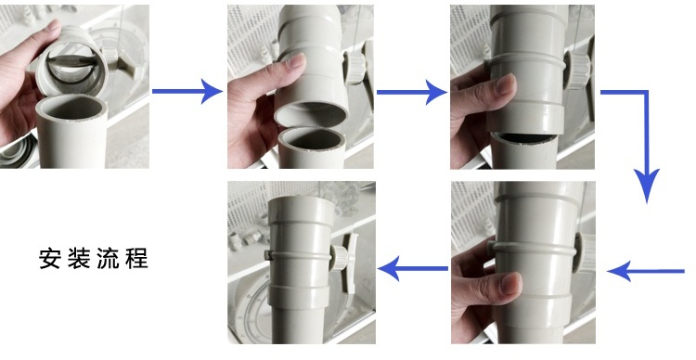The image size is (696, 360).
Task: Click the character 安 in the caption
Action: (x=49, y=258)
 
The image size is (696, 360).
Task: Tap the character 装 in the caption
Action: (x=79, y=258)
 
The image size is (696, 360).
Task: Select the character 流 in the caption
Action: (x=108, y=258)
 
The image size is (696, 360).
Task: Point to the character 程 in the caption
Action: (x=136, y=258)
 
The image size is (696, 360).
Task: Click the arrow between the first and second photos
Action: (x=187, y=92)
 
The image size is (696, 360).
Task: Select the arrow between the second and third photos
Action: (x=411, y=92)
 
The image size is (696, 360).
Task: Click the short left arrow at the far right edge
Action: (x=645, y=271)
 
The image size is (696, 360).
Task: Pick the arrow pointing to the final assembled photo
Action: (x=412, y=268)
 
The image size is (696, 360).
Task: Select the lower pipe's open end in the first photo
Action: (x=71, y=108)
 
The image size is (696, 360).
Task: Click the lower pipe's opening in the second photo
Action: (x=312, y=139)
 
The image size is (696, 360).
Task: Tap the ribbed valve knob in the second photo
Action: (x=355, y=68)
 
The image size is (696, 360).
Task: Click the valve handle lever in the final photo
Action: (x=353, y=263)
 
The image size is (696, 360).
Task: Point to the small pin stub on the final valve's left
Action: (x=267, y=255)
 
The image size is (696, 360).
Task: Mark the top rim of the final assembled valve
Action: (x=302, y=199)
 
